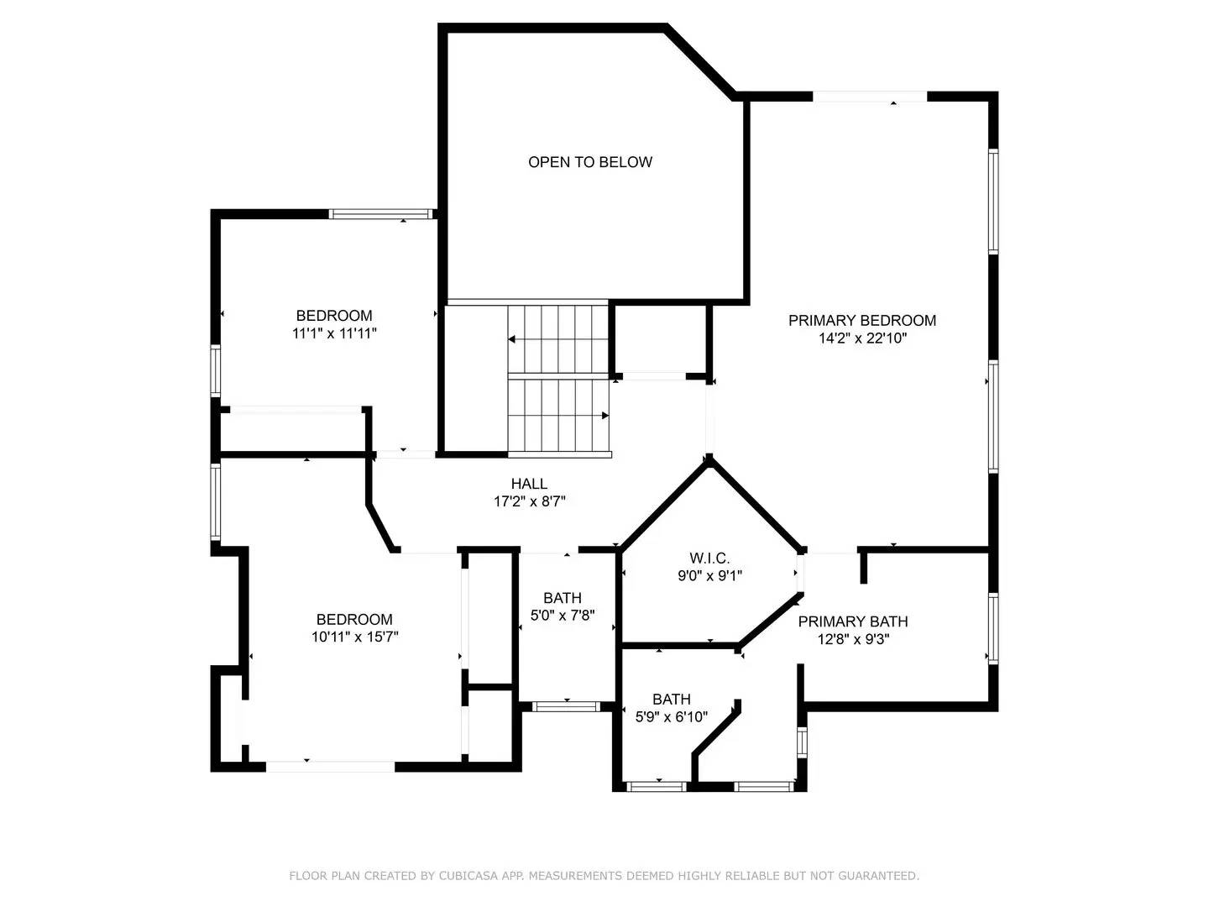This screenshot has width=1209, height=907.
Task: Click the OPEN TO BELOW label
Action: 589,162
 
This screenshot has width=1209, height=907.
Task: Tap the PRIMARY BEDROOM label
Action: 861,320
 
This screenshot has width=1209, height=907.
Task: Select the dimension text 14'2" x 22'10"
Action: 861,338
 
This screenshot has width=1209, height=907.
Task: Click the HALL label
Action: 529,484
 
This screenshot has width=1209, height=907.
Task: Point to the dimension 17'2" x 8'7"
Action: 529,502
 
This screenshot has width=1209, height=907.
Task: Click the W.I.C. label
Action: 709,558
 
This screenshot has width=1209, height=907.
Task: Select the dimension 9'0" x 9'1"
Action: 709,576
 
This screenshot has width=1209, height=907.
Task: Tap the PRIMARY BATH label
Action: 852,621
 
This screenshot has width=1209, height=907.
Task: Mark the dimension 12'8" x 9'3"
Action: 852,639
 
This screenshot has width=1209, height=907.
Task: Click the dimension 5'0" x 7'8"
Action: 562,616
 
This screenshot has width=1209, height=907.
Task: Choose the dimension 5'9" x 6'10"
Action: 671,717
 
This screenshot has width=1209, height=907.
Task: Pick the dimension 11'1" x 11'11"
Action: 333,333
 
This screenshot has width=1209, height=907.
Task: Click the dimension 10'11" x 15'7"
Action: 353,637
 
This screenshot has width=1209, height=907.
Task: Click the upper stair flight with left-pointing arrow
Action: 557,339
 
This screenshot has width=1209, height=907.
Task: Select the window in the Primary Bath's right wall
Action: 993,628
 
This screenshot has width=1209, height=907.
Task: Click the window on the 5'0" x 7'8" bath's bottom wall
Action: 567,706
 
